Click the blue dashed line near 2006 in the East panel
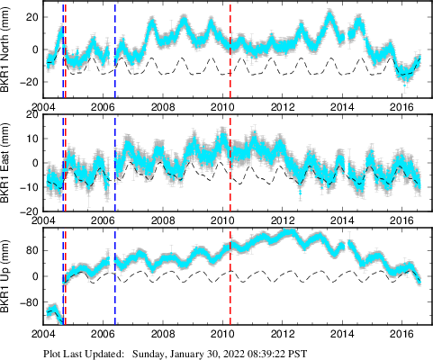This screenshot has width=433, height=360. [115, 162]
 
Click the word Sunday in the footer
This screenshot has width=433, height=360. [152, 352]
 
